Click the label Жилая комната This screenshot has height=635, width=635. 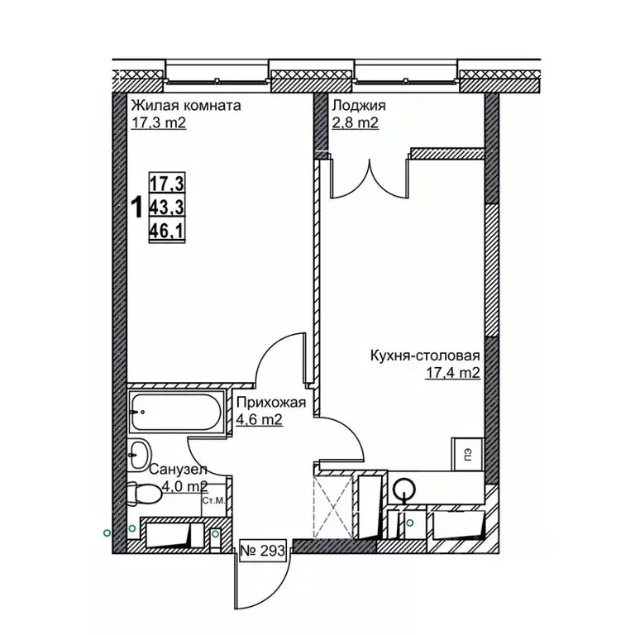[x=186, y=106]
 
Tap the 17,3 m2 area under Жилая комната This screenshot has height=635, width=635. [x=159, y=122]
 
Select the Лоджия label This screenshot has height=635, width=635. [x=359, y=106]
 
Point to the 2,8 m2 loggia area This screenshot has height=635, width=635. [x=356, y=122]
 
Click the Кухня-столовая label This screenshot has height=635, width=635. [x=425, y=356]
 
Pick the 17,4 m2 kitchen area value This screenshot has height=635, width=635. [x=452, y=373]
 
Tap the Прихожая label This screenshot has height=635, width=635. [x=271, y=403]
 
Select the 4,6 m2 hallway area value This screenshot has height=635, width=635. [x=259, y=420]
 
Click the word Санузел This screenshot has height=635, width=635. [x=179, y=470]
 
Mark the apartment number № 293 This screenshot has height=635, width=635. [x=263, y=551]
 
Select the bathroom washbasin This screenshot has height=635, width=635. [x=138, y=455]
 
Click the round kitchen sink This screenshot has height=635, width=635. [x=404, y=489]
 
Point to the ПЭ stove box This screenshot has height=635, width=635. [x=468, y=454]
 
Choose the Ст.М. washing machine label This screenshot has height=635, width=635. [x=213, y=500]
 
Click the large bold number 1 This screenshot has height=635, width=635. [x=138, y=208]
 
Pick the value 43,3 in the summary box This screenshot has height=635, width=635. [x=167, y=208]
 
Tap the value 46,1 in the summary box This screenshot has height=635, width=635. [x=167, y=232]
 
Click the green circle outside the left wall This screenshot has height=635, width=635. [x=107, y=533]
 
